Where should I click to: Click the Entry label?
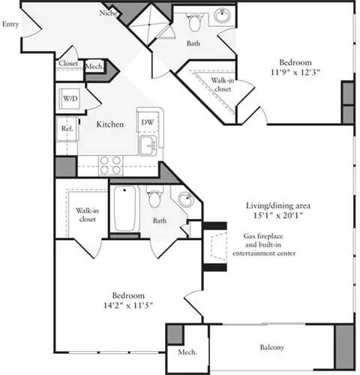click(x=10, y=24)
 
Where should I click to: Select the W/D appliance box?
click(x=70, y=98)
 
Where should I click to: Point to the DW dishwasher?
click(x=146, y=121)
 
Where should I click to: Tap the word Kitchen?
click(x=109, y=124)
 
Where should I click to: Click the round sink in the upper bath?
click(x=223, y=16)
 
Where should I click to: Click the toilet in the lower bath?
click(x=154, y=199)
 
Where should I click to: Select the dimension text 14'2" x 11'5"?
click(x=120, y=307)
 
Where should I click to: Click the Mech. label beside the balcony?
click(x=186, y=352)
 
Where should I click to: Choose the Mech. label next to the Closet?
click(x=94, y=67)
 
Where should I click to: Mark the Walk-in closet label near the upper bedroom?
click(x=221, y=85)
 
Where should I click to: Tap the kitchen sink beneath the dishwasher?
click(x=147, y=143)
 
